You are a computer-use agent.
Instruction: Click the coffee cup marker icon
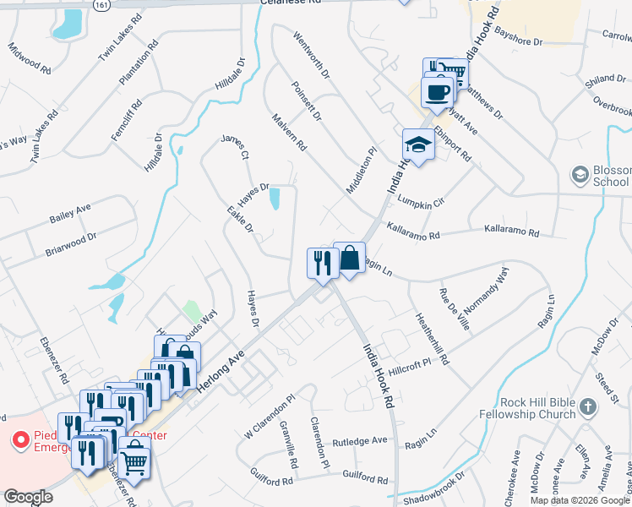[x=437, y=92]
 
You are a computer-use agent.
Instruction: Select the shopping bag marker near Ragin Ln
[x=350, y=259]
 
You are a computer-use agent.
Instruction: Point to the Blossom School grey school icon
[x=580, y=175]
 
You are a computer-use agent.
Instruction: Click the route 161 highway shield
[x=102, y=4]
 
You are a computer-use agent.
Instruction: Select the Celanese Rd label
[x=291, y=3]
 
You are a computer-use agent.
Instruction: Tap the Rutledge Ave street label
[x=358, y=440]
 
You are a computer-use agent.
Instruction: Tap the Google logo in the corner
[x=28, y=497]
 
